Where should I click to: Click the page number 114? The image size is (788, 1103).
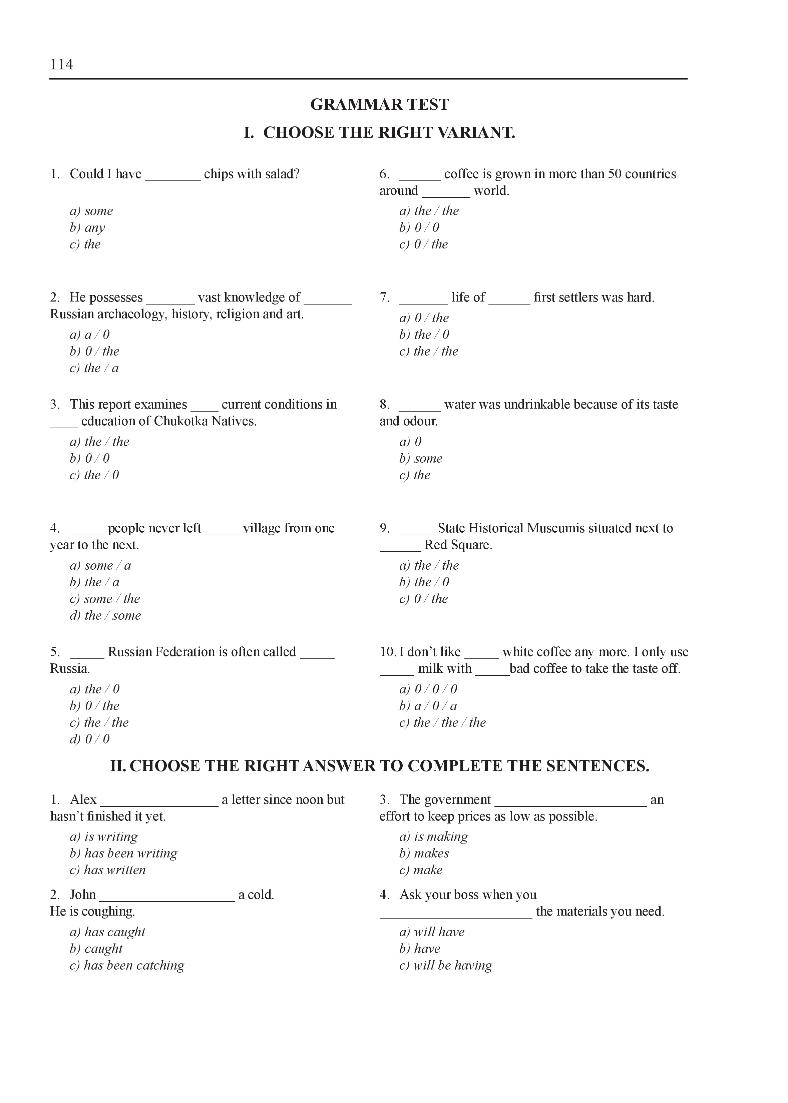point(61,64)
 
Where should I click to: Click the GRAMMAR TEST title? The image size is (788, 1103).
point(379,105)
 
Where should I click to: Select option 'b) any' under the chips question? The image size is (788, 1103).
point(87,227)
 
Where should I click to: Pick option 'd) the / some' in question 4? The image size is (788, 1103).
point(105,615)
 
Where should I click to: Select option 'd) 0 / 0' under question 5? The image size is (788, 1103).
point(90,739)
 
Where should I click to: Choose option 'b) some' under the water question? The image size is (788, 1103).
point(421,458)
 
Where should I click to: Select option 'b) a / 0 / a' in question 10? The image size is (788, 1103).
point(428,706)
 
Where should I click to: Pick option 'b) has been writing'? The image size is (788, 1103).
point(124,853)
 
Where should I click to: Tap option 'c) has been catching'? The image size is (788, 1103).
point(127,965)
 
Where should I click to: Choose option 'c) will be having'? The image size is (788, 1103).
point(445,965)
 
